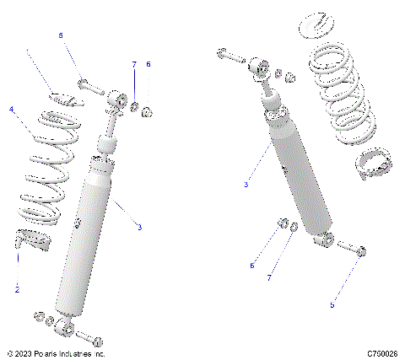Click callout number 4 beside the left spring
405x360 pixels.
11,110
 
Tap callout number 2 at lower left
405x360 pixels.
16,289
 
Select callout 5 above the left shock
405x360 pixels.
60,35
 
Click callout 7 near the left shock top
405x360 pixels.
133,64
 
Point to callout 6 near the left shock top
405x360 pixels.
148,64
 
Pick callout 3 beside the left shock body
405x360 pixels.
139,226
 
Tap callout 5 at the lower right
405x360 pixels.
332,304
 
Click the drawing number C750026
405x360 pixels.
381,354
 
